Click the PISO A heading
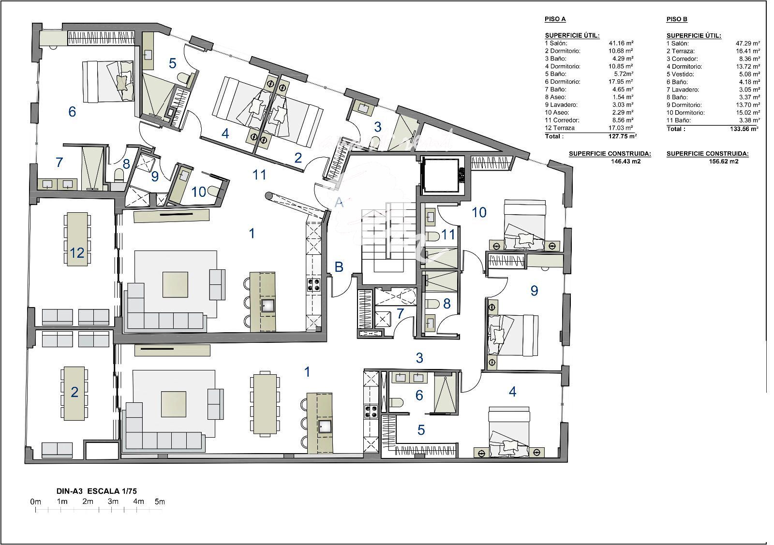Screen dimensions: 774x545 point(555,19)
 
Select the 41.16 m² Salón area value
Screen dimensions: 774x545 point(621,44)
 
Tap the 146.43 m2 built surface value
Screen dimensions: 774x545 point(625,162)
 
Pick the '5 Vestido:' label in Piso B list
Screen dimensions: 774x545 point(680,74)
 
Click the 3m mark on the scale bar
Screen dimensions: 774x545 point(113,501)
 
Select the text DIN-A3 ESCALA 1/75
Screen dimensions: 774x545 point(97,491)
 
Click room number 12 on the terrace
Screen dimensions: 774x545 point(77,253)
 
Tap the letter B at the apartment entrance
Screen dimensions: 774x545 point(339,266)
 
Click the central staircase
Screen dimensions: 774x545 point(389,238)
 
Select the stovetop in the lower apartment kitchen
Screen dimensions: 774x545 point(371,411)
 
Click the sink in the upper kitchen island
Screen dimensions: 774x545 point(268,306)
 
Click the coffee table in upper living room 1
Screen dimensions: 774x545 point(176,284)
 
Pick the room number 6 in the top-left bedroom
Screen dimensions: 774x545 point(72,112)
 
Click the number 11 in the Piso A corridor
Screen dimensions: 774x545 point(259,175)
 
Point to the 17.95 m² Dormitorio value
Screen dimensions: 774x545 point(621,82)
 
